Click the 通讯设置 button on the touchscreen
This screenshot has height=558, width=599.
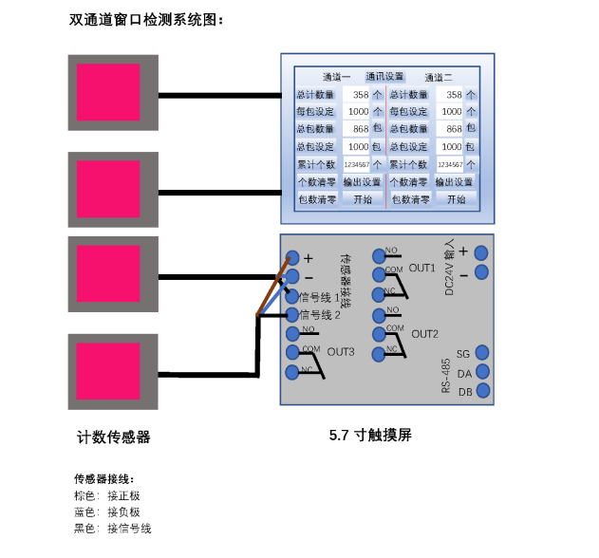click(384, 76)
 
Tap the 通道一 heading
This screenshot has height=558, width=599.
click(336, 77)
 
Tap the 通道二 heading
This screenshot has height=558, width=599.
click(439, 77)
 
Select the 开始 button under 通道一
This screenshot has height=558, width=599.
click(364, 199)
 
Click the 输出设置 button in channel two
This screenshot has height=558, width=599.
click(454, 181)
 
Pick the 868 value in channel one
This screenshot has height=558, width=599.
click(357, 129)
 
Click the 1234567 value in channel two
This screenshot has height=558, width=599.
click(450, 164)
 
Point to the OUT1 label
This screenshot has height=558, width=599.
click(422, 269)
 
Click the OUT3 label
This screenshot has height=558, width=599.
click(341, 352)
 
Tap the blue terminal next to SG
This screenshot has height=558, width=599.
click(482, 353)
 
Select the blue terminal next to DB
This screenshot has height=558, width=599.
click(482, 390)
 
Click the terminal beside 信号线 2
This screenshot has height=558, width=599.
click(292, 314)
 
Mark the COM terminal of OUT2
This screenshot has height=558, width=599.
click(379, 332)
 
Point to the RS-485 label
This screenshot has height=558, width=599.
click(445, 375)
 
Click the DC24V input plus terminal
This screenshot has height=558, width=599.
click(481, 251)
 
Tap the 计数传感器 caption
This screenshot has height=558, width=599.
click(114, 437)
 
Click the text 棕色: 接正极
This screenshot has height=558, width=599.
click(107, 495)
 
